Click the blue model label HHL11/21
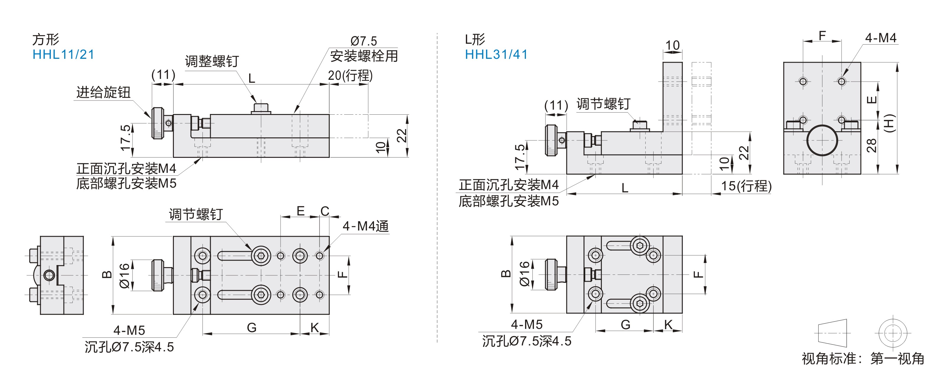pos(63,54)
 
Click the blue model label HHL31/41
pos(496,54)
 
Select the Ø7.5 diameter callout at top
pos(363,41)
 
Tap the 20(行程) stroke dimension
pos(350,76)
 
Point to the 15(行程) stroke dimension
pos(746,186)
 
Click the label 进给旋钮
pos(103,92)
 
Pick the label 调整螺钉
pos(212,61)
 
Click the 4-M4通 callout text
pos(365,226)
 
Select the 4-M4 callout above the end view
pos(881,38)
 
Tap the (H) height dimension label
pos(889,123)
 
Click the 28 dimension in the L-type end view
pos(871,145)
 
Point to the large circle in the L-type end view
pos(822,140)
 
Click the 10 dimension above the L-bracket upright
pos(672,46)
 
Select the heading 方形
pos(46,39)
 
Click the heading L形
pos(475,39)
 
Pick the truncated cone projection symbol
pos(832,333)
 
